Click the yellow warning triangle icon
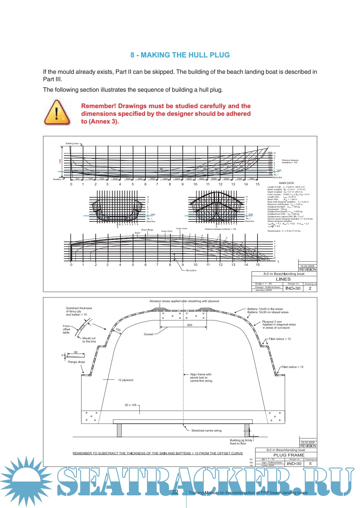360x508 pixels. pyautogui.click(x=57, y=112)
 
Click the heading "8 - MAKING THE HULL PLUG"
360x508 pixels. pyautogui.click(x=180, y=55)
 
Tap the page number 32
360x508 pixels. pyautogui.click(x=175, y=492)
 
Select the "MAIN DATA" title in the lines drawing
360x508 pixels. pyautogui.click(x=286, y=183)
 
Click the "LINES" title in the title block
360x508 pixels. pyautogui.click(x=283, y=279)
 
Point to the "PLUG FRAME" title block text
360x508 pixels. pyautogui.click(x=289, y=455)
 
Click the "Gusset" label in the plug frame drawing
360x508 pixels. pyautogui.click(x=149, y=334)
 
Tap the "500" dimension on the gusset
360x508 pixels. pyautogui.click(x=190, y=325)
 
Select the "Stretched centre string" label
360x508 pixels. pyautogui.click(x=206, y=430)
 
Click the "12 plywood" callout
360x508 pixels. pyautogui.click(x=125, y=380)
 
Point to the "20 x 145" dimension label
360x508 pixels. pyautogui.click(x=130, y=405)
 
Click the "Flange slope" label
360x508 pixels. pyautogui.click(x=76, y=362)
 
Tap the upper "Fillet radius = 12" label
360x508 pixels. pyautogui.click(x=280, y=339)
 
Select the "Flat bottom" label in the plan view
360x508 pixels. pyautogui.click(x=191, y=271)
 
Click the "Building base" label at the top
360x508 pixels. pyautogui.click(x=72, y=143)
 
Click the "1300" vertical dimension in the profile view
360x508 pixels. pyautogui.click(x=60, y=161)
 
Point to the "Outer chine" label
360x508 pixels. pyautogui.click(x=182, y=229)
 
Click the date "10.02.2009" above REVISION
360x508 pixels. pyautogui.click(x=307, y=266)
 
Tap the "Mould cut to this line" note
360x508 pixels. pyautogui.click(x=89, y=340)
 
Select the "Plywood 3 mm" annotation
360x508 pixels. pyautogui.click(x=272, y=321)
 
